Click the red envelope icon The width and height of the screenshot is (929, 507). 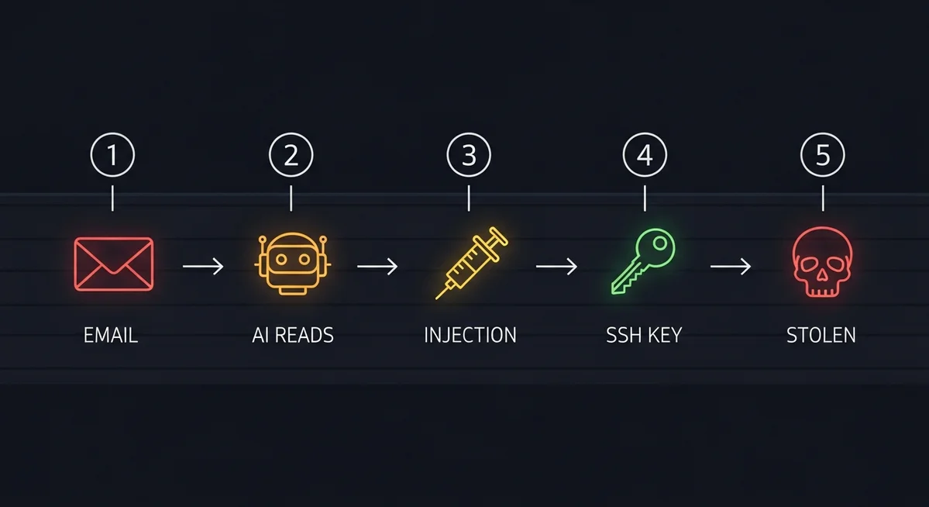click(114, 264)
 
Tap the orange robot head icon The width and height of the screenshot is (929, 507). click(292, 264)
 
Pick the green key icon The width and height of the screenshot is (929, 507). click(643, 263)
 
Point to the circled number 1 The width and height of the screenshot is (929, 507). click(113, 156)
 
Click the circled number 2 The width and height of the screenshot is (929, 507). click(291, 156)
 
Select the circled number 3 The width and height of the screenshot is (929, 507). click(469, 156)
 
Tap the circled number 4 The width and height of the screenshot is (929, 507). click(645, 156)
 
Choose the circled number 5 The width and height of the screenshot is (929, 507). click(823, 156)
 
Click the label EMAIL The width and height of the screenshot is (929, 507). click(111, 336)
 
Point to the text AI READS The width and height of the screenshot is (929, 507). click(293, 336)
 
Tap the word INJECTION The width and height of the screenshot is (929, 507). click(470, 336)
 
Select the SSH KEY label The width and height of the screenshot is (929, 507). click(644, 336)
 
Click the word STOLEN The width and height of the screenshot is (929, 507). click(821, 336)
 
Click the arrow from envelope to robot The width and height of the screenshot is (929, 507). click(203, 267)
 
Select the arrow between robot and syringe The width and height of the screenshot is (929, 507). click(377, 267)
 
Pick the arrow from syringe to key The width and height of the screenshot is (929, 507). click(556, 267)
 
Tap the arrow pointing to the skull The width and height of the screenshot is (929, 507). click(731, 267)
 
